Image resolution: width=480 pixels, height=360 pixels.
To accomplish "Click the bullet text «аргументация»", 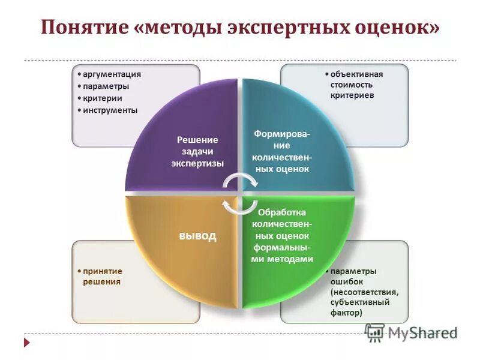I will click(112, 74).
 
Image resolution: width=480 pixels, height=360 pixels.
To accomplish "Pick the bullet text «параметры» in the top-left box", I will click(106, 86).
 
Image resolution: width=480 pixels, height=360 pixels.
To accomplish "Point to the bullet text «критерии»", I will click(103, 98).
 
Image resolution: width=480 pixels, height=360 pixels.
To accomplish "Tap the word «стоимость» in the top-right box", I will click(350, 85).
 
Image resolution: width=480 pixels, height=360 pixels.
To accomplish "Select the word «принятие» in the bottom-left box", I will click(103, 271).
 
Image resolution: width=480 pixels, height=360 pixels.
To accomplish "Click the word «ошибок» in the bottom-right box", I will click(346, 281).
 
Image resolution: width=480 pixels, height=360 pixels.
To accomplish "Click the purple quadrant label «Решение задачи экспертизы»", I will click(197, 151).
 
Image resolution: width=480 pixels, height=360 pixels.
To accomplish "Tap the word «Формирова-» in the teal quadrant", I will click(282, 134).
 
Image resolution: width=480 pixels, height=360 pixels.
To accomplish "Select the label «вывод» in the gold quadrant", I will click(197, 236).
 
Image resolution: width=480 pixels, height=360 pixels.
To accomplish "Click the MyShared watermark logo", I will click(411, 334).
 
